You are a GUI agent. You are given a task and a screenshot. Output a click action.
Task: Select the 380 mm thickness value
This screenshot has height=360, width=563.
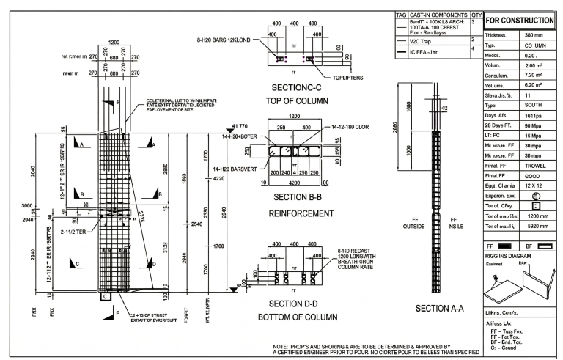click(x=531, y=34)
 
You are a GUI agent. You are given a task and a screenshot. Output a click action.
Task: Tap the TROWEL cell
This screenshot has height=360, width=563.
click(x=530, y=166)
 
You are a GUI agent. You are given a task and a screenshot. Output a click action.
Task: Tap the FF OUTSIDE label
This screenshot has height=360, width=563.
click(x=419, y=223)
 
